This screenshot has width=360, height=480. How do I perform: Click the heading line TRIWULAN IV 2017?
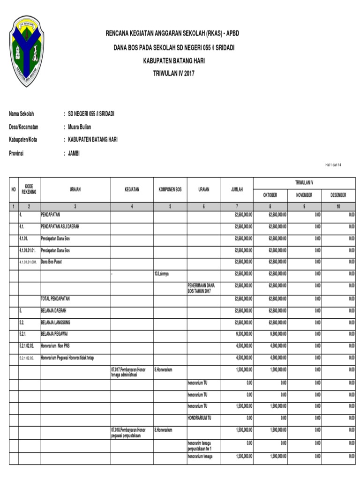pyautogui.click(x=174, y=74)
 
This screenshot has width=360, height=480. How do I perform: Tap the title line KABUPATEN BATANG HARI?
pyautogui.click(x=174, y=61)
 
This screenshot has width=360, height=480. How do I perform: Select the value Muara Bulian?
pyautogui.click(x=80, y=127)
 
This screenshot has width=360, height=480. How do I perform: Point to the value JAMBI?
pyautogui.click(x=74, y=153)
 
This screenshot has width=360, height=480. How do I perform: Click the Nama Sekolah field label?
pyautogui.click(x=22, y=114)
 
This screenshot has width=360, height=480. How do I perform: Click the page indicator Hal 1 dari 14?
pyautogui.click(x=333, y=165)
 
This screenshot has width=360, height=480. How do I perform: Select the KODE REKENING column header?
pyautogui.click(x=29, y=189)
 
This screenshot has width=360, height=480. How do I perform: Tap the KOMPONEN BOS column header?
pyautogui.click(x=170, y=190)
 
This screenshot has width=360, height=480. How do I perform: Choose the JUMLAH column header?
pyautogui.click(x=237, y=190)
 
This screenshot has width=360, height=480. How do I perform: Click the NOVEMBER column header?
pyautogui.click(x=304, y=195)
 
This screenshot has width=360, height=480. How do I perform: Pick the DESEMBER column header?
pyautogui.click(x=338, y=195)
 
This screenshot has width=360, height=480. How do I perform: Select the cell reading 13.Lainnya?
pyautogui.click(x=163, y=273)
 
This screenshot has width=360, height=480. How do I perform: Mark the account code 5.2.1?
pyautogui.click(x=24, y=334)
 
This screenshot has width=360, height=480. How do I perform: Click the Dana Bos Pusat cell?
pyautogui.click(x=52, y=262)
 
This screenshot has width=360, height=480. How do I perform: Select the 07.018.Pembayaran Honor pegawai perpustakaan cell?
pyautogui.click(x=129, y=432)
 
